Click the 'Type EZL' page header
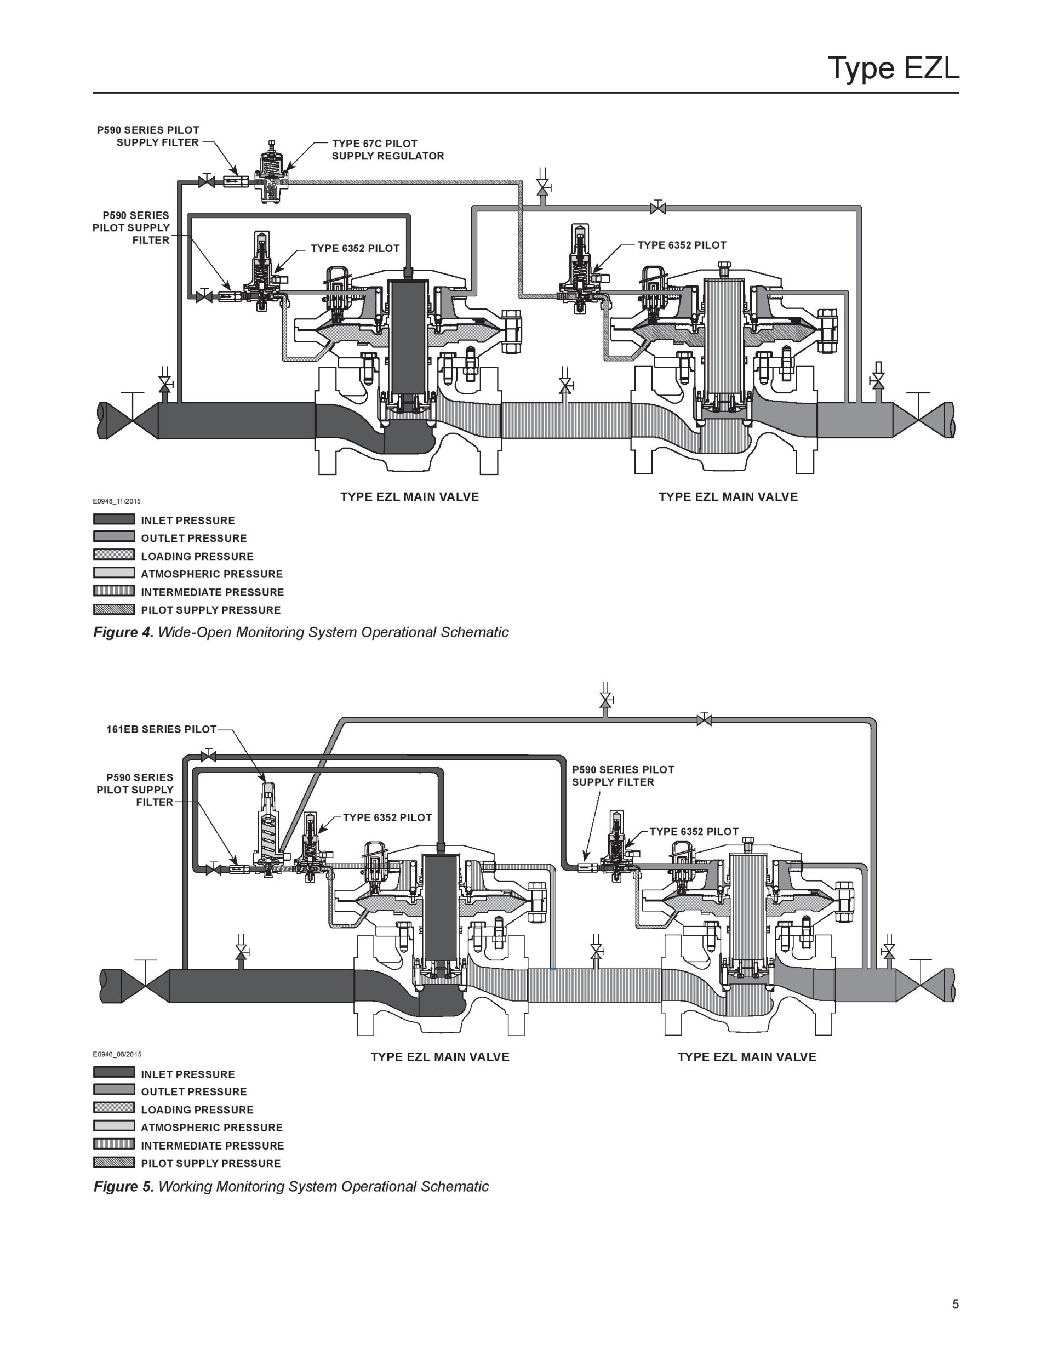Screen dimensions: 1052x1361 click(x=893, y=68)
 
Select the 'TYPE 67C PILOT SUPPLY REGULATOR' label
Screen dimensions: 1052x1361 click(x=387, y=150)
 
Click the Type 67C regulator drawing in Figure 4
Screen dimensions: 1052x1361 click(x=272, y=171)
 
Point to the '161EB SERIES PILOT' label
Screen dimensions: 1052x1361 click(x=162, y=729)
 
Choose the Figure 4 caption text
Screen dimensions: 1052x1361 click(x=301, y=632)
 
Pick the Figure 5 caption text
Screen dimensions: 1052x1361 click(x=291, y=1186)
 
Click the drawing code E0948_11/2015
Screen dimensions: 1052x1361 click(x=117, y=501)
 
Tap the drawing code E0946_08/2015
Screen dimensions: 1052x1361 click(x=117, y=1054)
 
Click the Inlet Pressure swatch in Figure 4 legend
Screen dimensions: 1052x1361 click(x=114, y=519)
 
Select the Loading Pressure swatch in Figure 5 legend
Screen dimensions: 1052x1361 click(x=114, y=1108)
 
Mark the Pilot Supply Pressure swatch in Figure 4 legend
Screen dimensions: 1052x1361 click(x=114, y=609)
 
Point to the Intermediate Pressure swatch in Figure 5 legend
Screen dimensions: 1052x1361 click(x=114, y=1144)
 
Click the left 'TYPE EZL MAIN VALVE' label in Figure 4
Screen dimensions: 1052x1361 click(x=409, y=496)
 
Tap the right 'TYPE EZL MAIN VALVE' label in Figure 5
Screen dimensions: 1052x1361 click(x=747, y=1057)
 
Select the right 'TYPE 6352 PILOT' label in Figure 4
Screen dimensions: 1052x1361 click(x=682, y=245)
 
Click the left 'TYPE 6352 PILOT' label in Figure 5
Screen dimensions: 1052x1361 click(x=387, y=817)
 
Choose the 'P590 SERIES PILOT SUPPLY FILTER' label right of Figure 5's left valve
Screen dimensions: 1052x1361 click(x=623, y=776)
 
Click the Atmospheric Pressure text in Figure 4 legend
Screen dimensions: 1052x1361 click(x=212, y=574)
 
